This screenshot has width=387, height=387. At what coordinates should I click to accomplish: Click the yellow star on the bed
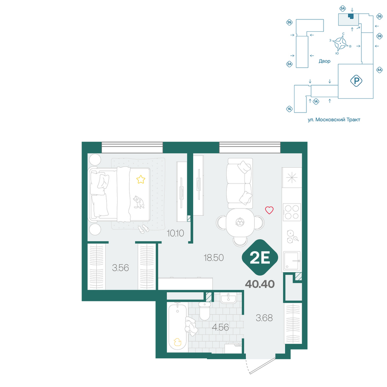(141, 179)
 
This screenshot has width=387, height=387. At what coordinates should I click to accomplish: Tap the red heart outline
(269, 210)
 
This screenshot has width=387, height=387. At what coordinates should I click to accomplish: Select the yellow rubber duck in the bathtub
(177, 342)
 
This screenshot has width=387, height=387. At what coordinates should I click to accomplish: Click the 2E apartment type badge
(260, 257)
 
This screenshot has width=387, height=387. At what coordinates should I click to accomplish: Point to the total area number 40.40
(260, 284)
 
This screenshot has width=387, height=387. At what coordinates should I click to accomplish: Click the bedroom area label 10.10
(175, 233)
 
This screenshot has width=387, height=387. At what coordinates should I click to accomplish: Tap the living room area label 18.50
(214, 258)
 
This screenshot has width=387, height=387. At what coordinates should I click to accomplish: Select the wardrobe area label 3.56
(120, 267)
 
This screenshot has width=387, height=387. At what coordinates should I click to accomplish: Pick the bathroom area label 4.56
(221, 327)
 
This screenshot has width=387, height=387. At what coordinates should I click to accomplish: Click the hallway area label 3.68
(264, 318)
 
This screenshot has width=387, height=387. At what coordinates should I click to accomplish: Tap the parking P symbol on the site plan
(356, 81)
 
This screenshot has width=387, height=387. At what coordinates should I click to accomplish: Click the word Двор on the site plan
(325, 61)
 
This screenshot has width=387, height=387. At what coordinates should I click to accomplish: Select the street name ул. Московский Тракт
(334, 120)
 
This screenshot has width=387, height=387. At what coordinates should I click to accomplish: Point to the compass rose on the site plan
(340, 43)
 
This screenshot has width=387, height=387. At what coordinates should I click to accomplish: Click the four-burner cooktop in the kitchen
(292, 212)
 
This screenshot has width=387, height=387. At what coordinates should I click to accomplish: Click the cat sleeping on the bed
(139, 202)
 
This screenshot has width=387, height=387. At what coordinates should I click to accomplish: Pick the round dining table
(240, 222)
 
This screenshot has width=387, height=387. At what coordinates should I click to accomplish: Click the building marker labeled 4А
(379, 70)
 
